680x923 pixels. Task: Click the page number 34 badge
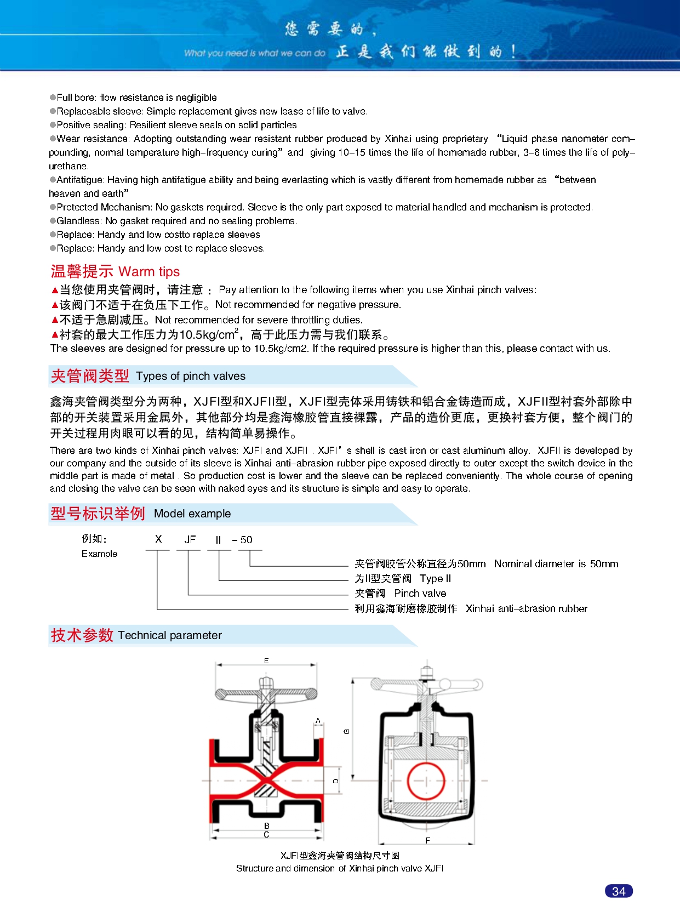point(619,891)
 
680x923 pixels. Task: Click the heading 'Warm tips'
point(149,272)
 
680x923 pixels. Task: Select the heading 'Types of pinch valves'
point(191,376)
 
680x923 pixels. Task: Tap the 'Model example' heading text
point(192,514)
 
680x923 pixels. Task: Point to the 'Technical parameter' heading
point(170,635)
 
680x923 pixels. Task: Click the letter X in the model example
point(158,539)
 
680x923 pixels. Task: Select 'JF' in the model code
point(190,539)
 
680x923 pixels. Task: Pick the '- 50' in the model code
point(243,539)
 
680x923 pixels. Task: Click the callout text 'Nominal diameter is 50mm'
point(556,563)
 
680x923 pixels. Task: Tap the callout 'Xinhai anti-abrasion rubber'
point(526,608)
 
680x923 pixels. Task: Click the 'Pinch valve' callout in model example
point(420,593)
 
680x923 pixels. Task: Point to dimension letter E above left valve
point(266,661)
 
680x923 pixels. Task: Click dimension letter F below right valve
point(427,840)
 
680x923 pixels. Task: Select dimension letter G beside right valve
point(346,731)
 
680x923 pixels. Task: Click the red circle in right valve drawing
point(426,780)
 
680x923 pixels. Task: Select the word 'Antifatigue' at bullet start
point(80,180)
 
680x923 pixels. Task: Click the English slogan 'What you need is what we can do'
point(254,53)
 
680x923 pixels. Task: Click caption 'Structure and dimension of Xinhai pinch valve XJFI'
point(340,868)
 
